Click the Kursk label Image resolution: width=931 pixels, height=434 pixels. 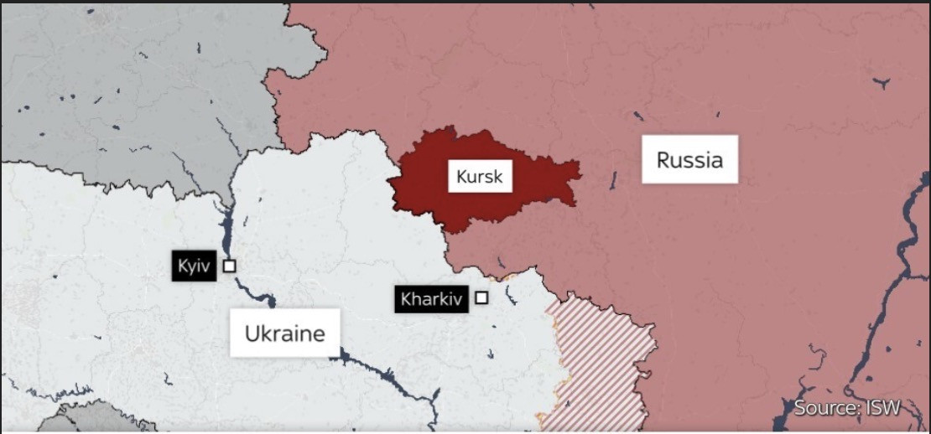[480, 178]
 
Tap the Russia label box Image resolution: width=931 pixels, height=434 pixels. [689, 159]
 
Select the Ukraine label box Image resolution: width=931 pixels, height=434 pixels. [284, 333]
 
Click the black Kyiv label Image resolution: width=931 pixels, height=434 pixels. [194, 266]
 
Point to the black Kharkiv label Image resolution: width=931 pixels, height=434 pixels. [431, 298]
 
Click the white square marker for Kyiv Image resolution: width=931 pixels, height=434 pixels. [229, 266]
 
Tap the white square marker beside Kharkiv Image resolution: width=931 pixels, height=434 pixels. [481, 297]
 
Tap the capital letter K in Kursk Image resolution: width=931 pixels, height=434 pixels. [461, 178]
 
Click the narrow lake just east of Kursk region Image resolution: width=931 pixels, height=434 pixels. [614, 179]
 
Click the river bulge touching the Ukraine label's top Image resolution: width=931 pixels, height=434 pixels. [270, 300]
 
